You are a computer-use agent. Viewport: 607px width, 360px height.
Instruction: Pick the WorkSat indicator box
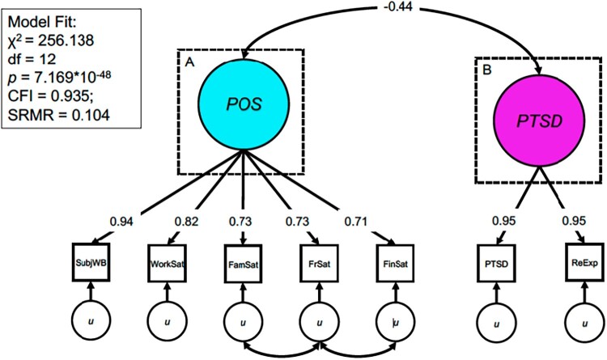(168, 261)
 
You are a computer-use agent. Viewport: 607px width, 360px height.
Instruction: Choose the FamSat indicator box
(244, 261)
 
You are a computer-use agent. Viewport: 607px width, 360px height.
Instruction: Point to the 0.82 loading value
(185, 219)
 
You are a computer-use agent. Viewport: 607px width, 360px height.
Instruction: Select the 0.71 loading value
(354, 219)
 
